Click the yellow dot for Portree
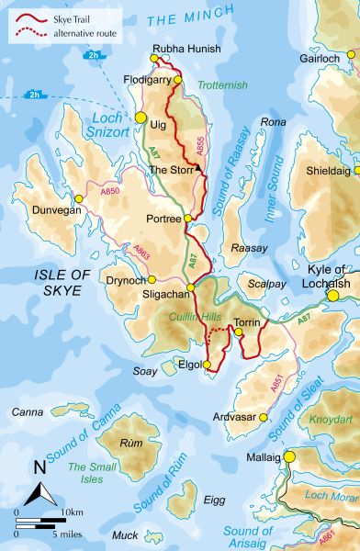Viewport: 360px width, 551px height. tap(188, 218)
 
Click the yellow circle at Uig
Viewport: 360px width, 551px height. tap(141, 118)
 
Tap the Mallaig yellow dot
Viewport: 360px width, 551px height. tap(288, 455)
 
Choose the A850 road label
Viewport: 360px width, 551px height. tap(110, 190)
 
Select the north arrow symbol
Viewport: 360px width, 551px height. tap(39, 485)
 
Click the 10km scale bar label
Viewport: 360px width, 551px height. tap(72, 511)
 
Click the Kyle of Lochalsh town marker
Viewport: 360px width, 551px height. tap(332, 297)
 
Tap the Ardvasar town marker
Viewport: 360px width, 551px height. tap(264, 417)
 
